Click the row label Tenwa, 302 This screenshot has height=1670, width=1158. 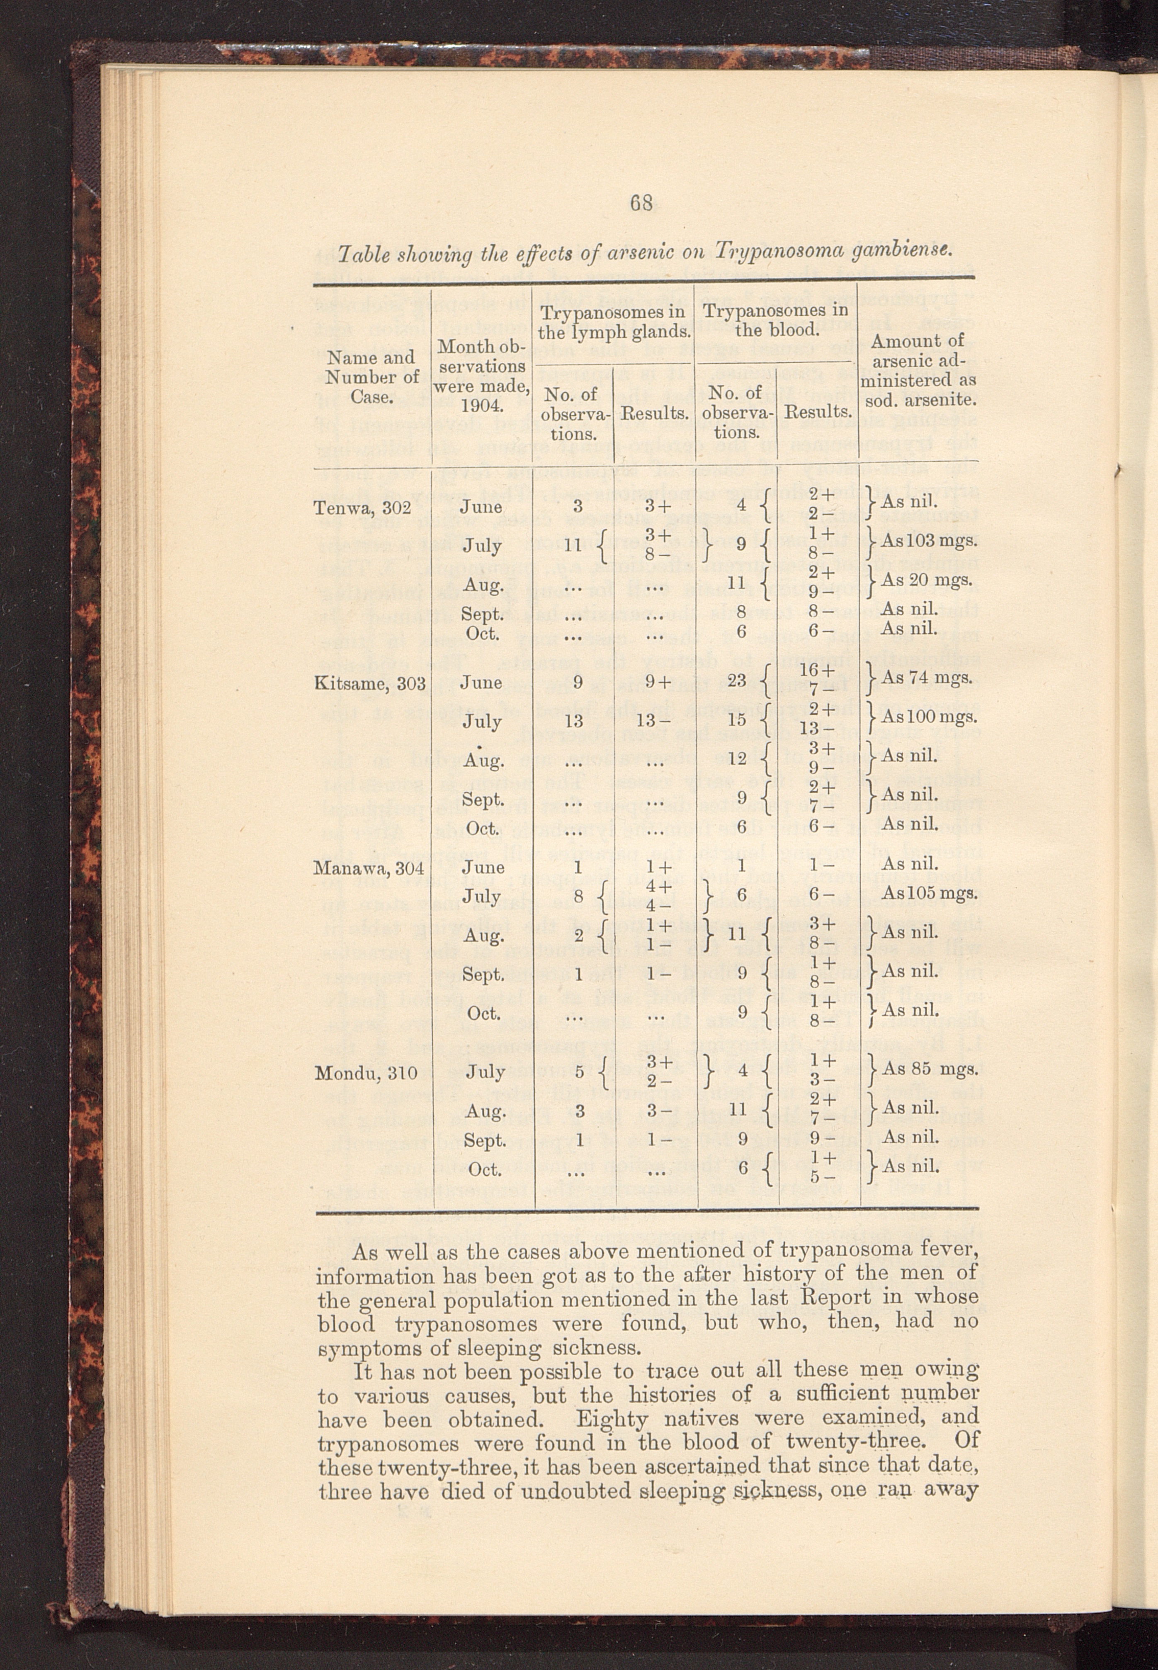362,507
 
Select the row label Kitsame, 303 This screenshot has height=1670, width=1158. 369,682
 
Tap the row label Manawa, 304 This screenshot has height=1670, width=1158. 369,867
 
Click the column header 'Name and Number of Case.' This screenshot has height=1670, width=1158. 371,377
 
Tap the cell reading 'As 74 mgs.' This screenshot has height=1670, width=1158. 927,678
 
